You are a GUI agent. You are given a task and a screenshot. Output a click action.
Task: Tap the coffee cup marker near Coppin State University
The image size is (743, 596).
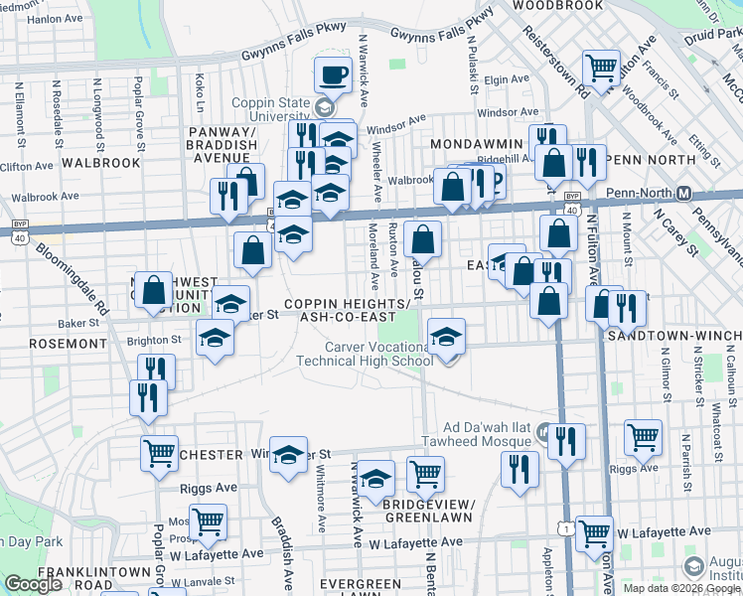333,74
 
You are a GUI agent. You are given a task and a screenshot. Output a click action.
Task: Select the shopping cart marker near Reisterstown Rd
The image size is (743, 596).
602,69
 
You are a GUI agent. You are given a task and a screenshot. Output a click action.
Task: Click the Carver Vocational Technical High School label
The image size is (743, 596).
366,354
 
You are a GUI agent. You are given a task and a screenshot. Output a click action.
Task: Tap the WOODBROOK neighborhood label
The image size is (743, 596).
557,5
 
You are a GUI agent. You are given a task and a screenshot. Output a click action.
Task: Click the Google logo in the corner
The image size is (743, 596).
33,584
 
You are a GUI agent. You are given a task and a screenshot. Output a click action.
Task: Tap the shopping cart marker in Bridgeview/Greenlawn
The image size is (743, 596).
425,475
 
